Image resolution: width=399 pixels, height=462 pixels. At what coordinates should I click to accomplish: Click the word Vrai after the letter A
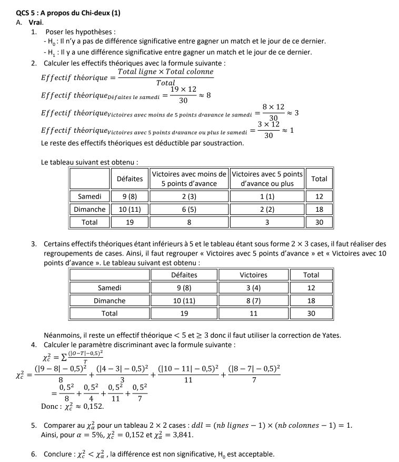click(x=35, y=22)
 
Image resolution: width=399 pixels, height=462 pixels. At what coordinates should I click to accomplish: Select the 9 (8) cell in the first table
click(x=129, y=196)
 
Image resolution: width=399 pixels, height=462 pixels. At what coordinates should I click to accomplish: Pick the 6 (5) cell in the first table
click(x=189, y=209)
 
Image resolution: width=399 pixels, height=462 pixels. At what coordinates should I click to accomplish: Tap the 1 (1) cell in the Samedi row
click(x=267, y=196)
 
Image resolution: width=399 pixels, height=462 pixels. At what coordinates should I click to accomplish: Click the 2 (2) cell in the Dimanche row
click(x=267, y=209)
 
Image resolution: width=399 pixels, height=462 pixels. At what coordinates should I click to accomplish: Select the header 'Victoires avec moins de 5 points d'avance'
click(x=189, y=179)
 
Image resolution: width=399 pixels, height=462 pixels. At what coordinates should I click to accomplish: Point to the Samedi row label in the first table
click(x=89, y=196)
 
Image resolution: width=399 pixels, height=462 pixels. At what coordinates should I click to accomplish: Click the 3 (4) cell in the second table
click(x=253, y=288)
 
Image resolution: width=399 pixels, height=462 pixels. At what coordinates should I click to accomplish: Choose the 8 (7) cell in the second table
click(x=253, y=301)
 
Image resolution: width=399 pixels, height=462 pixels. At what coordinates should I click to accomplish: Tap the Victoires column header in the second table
click(x=253, y=274)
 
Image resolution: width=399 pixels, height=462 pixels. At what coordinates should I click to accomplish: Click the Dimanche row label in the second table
click(x=109, y=301)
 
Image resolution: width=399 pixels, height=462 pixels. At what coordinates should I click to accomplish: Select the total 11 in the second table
click(x=253, y=313)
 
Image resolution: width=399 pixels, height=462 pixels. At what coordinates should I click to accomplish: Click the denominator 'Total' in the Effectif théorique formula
click(x=165, y=83)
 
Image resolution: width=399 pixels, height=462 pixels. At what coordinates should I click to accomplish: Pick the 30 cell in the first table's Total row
click(x=319, y=222)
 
